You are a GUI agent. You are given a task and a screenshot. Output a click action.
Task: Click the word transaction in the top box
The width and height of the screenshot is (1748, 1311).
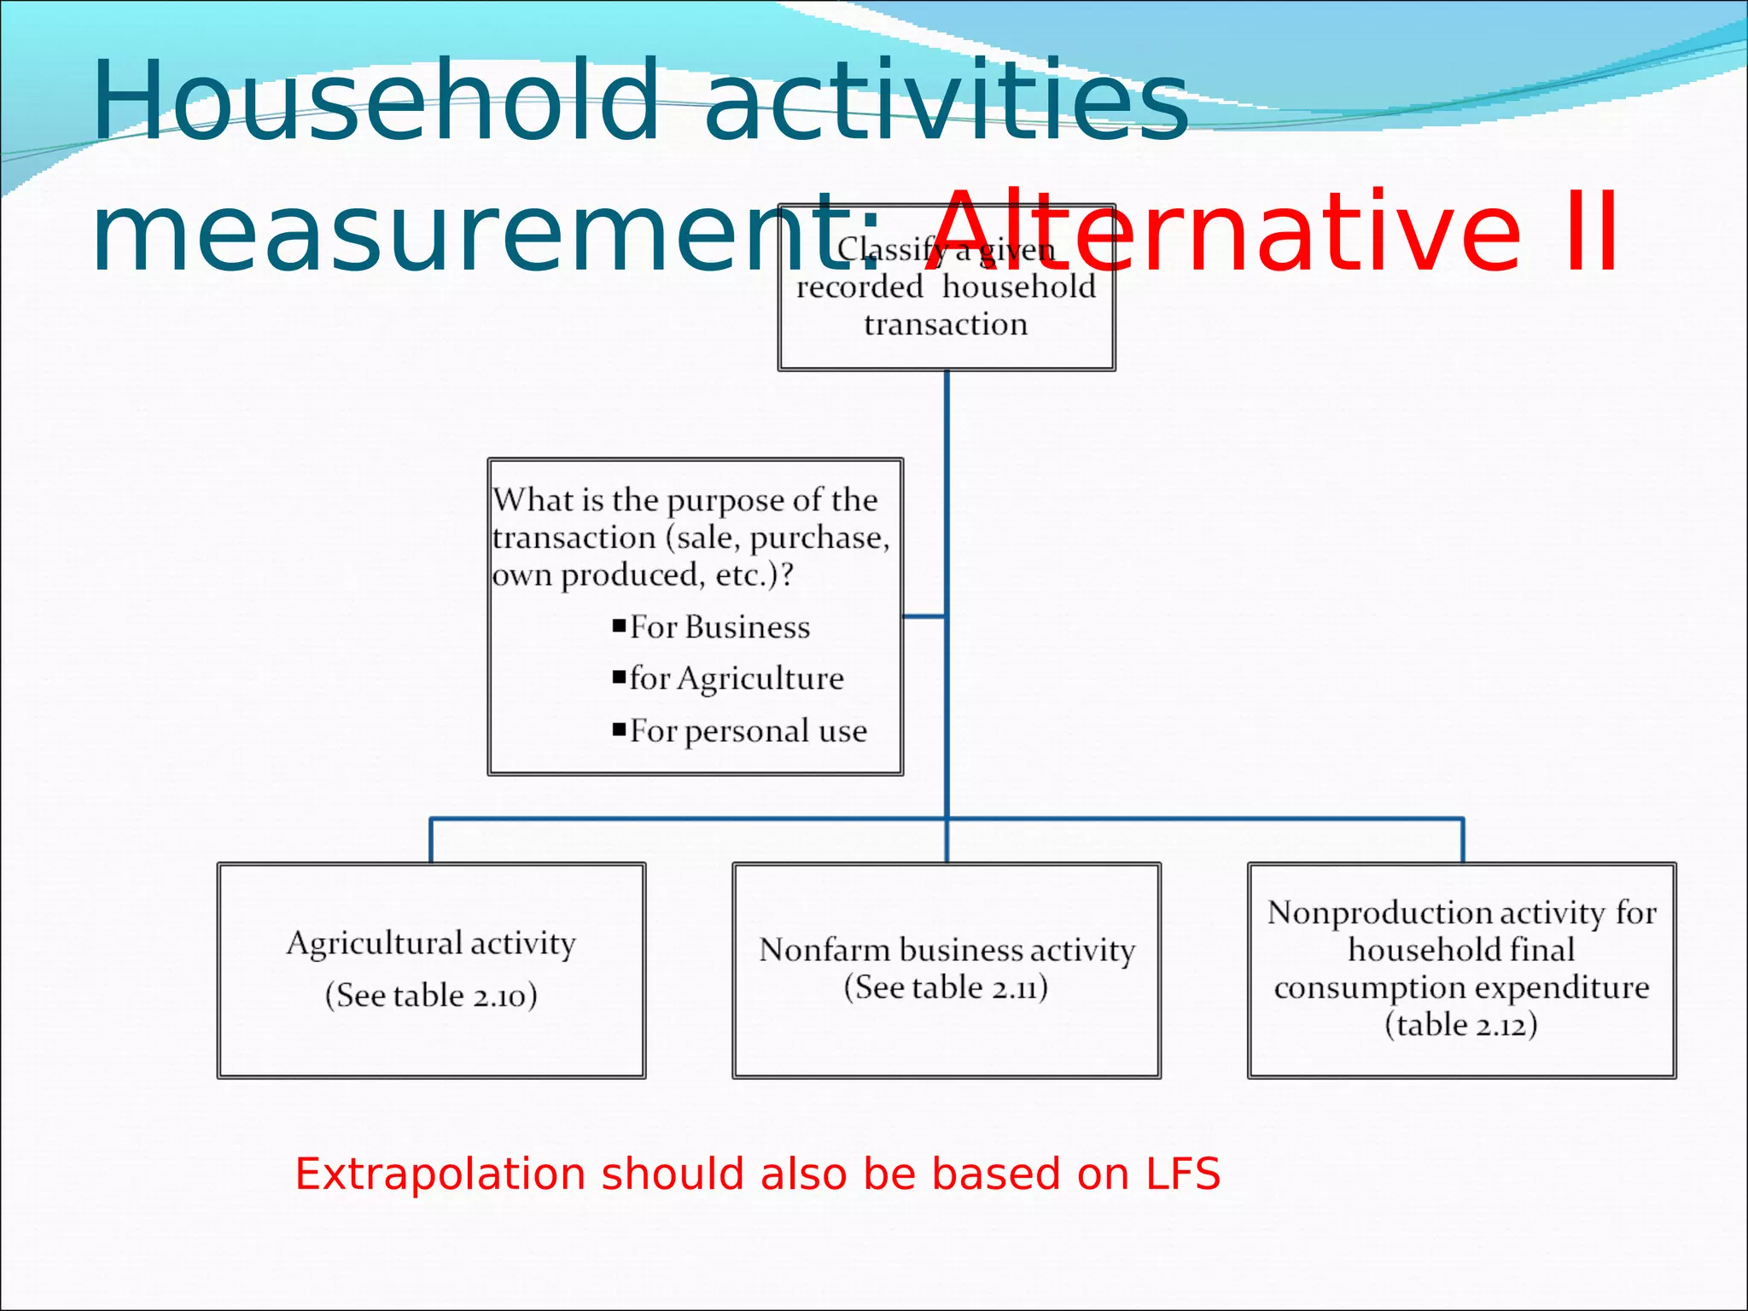pyautogui.click(x=946, y=325)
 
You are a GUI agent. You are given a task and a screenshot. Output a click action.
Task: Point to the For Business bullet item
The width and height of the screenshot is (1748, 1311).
pyautogui.click(x=720, y=627)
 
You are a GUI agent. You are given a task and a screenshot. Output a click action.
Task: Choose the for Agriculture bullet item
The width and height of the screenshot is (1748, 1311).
pyautogui.click(x=737, y=679)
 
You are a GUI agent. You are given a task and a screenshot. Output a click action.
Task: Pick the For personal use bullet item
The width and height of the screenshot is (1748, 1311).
pyautogui.click(x=748, y=731)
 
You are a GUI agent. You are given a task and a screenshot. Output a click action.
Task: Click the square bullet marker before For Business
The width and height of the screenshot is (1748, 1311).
pyautogui.click(x=620, y=626)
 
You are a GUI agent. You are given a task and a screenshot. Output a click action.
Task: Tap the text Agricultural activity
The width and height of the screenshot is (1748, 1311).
pyautogui.click(x=431, y=943)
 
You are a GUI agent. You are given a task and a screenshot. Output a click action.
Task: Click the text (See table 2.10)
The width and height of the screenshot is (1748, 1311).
pyautogui.click(x=431, y=995)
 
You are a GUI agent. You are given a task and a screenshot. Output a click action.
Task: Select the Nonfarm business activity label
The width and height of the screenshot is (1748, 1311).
pyautogui.click(x=947, y=950)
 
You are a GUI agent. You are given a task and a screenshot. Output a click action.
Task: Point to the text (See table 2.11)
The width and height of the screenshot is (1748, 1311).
pyautogui.click(x=946, y=988)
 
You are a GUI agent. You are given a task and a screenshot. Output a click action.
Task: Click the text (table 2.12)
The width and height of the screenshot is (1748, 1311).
pyautogui.click(x=1461, y=1024)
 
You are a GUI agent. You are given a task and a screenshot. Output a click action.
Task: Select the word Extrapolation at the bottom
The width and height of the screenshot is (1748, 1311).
pyautogui.click(x=440, y=1174)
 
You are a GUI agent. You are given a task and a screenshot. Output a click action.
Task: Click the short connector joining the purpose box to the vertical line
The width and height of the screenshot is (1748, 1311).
pyautogui.click(x=924, y=615)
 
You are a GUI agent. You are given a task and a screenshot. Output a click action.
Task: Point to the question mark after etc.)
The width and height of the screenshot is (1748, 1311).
pyautogui.click(x=787, y=575)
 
